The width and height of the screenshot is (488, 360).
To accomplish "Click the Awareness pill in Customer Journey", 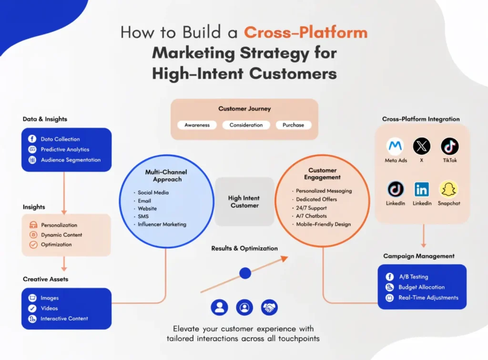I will [x=197, y=125].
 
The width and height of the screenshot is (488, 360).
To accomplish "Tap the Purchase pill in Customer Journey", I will [x=293, y=125].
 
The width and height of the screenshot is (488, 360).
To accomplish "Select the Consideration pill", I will [x=246, y=125].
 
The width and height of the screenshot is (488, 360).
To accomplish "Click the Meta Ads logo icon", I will [x=396, y=146].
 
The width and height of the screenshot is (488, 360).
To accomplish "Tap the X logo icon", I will [x=422, y=146].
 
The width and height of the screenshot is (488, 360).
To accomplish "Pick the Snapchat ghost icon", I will [x=448, y=189].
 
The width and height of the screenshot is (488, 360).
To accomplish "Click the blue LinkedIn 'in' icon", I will [x=422, y=189].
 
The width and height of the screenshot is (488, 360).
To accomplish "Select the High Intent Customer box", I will [x=244, y=202].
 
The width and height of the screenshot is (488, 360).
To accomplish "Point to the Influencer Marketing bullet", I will [x=162, y=224].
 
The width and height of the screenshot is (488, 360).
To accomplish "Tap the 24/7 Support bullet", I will [x=311, y=208].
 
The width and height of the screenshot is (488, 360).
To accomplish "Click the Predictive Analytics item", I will [x=65, y=150].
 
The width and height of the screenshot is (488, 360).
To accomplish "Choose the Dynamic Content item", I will [x=61, y=235].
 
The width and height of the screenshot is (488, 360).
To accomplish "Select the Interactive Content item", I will [x=64, y=319].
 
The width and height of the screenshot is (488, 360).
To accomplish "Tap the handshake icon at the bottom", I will [x=269, y=308].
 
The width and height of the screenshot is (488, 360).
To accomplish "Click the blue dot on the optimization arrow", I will [x=245, y=273].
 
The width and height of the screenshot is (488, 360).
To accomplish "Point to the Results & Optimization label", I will [x=244, y=248].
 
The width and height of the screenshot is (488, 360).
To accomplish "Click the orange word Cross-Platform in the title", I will [x=305, y=33].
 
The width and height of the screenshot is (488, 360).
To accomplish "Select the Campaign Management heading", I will [x=419, y=256].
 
